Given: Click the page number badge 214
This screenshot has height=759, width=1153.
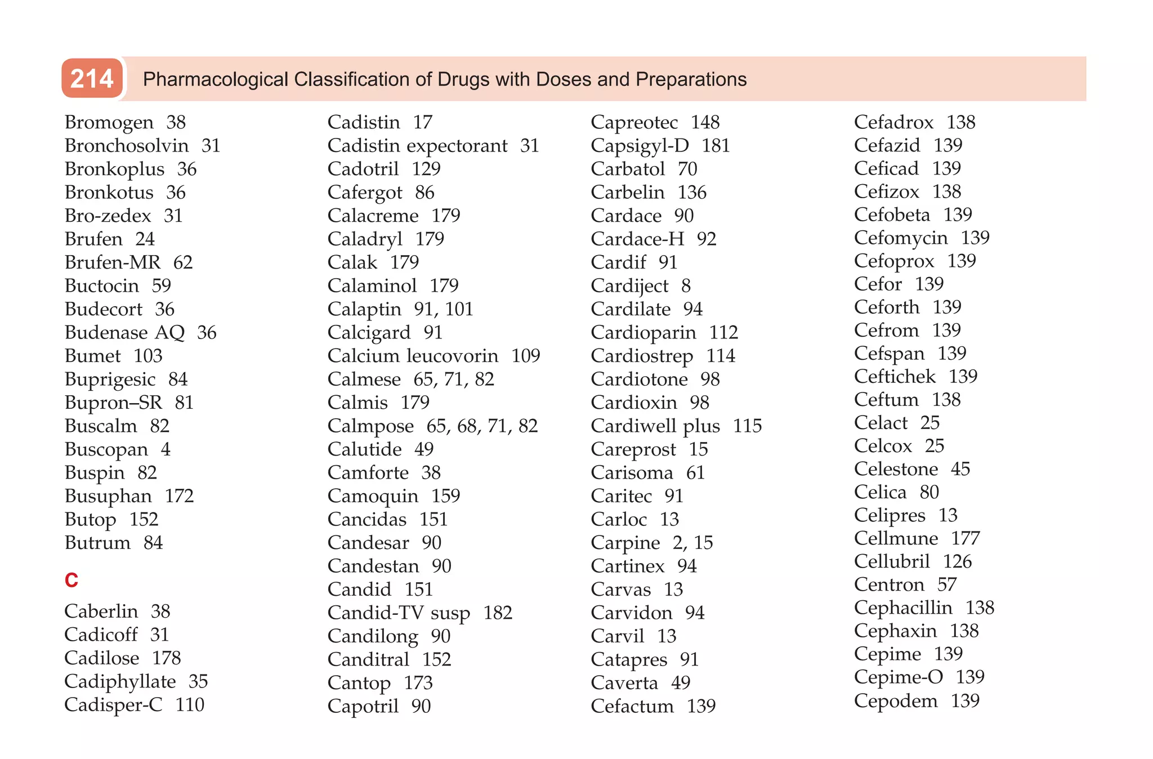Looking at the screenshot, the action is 92,78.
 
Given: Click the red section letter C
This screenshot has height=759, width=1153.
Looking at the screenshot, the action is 71,580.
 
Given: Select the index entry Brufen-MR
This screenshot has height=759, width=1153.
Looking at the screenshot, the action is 112,262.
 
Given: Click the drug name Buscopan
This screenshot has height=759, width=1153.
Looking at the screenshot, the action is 106,449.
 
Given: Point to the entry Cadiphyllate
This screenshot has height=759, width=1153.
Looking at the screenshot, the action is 120,681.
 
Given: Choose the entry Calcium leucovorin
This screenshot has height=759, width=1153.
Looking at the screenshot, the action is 413,356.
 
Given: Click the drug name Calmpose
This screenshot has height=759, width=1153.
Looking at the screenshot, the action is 370,426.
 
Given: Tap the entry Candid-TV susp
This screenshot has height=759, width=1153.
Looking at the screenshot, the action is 399,613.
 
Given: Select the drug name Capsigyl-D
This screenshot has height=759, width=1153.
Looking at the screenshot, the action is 640,146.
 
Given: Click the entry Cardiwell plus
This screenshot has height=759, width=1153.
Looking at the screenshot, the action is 655,426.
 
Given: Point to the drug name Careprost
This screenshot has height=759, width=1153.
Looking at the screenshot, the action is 633,449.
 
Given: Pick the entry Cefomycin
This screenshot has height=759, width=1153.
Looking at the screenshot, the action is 901,238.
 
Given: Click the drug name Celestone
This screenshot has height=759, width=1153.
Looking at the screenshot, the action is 896,469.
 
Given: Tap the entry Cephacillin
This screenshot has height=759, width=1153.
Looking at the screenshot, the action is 903,608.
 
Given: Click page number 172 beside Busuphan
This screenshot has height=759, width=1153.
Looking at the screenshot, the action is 179,496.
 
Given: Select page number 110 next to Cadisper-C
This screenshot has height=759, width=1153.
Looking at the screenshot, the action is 190,705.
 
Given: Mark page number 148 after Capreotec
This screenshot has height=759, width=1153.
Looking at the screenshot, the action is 705,122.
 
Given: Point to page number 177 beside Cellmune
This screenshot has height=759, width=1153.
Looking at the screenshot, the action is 966,538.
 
